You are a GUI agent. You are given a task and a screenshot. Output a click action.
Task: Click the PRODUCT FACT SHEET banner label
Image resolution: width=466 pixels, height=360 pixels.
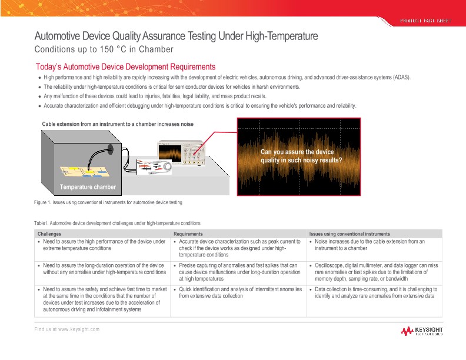click(425, 21)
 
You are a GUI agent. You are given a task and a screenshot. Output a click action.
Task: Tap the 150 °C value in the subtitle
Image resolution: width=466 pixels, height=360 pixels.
click(108, 49)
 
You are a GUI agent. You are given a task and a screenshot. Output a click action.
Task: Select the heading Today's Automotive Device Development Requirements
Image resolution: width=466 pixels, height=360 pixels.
click(125, 67)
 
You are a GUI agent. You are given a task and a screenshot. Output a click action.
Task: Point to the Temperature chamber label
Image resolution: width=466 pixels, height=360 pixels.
click(88, 188)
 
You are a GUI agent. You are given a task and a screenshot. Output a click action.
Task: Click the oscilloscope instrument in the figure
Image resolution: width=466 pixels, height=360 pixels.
click(180, 152)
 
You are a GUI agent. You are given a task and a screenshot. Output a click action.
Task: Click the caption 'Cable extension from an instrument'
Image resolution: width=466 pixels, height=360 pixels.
click(118, 124)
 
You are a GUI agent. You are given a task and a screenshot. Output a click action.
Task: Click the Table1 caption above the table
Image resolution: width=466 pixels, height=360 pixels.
click(118, 224)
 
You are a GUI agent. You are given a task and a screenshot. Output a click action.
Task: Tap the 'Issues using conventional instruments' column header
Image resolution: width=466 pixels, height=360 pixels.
click(352, 234)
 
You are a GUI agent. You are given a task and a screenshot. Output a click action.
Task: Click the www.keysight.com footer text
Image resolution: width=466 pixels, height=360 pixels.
click(66, 329)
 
